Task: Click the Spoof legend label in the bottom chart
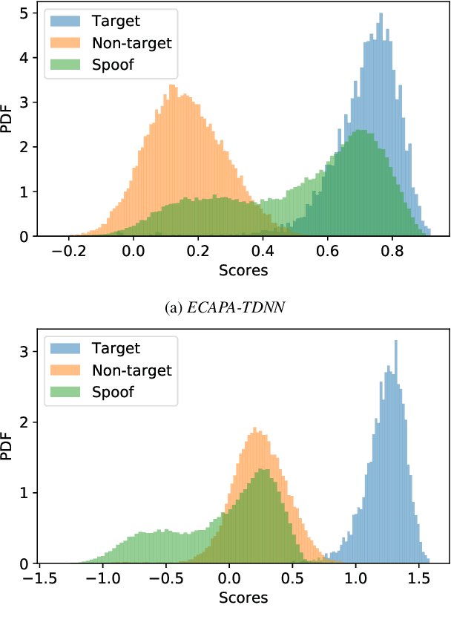click(x=113, y=391)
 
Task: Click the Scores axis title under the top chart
click(x=243, y=271)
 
